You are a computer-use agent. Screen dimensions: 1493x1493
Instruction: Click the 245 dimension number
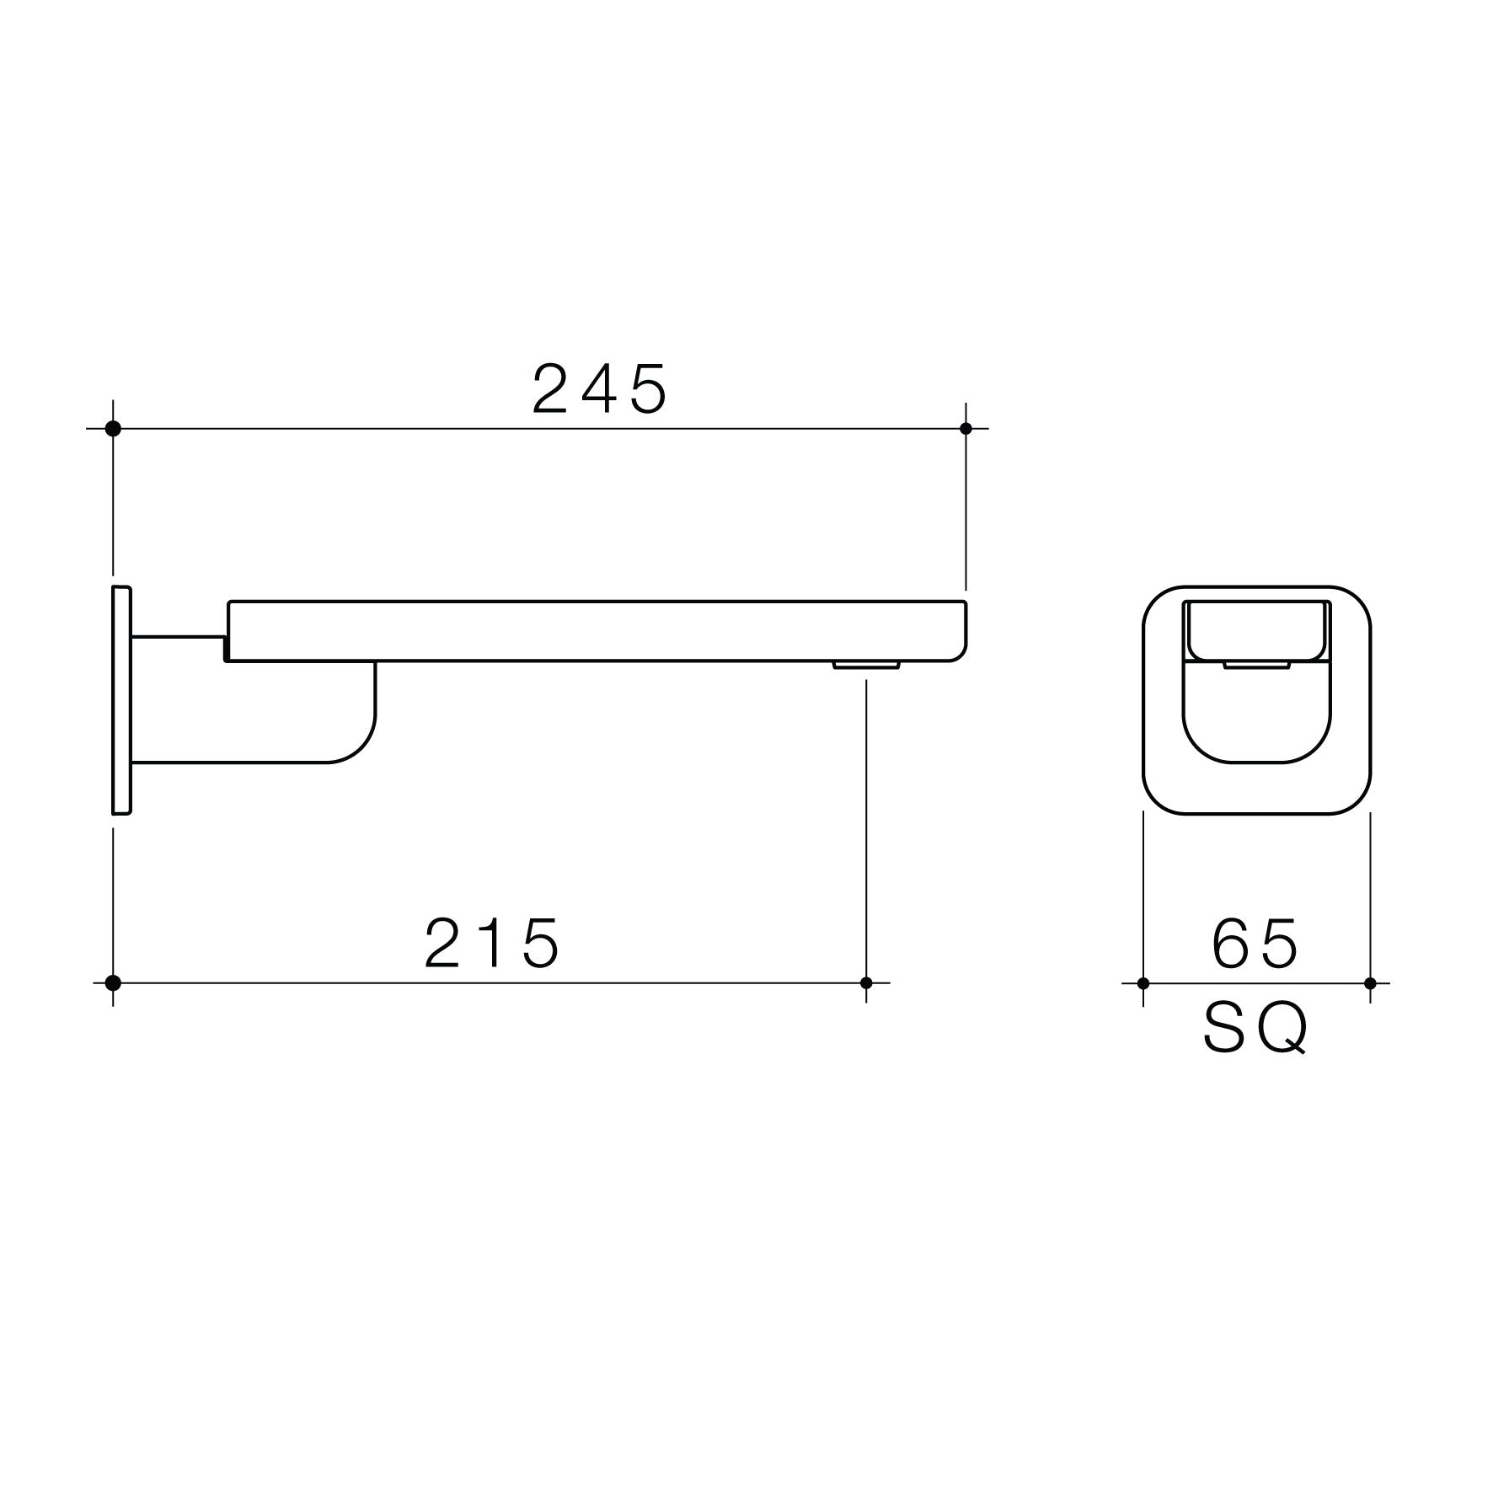tap(600, 389)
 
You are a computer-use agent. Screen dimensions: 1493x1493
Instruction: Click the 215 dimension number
tap(492, 943)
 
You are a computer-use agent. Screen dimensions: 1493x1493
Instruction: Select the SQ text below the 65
tap(1255, 1028)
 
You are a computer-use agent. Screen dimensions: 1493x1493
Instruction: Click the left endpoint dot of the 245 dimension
tap(113, 429)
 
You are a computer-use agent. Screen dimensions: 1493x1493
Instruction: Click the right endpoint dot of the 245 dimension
tap(966, 429)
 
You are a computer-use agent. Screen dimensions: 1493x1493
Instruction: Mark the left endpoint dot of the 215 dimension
tap(113, 982)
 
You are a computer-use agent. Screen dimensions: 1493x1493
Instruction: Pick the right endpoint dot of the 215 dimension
tap(866, 982)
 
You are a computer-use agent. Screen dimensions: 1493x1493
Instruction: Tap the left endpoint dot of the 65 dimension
tap(1143, 983)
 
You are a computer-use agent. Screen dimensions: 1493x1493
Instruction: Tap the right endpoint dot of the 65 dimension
tap(1370, 983)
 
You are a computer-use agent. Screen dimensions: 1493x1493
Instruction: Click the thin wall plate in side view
tap(121, 699)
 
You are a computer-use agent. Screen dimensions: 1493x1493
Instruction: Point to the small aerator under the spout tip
tap(866, 666)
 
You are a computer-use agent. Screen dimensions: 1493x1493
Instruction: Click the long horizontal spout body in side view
tap(590, 630)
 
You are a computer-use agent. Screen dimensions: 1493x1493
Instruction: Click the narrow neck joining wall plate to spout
tap(177, 648)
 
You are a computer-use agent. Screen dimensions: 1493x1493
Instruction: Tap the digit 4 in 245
tap(600, 389)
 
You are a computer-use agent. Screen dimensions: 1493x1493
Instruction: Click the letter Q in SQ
tap(1285, 1029)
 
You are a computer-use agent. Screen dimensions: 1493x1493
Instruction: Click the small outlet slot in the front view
tap(1256, 666)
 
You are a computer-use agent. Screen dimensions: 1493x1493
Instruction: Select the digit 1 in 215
tap(495, 943)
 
